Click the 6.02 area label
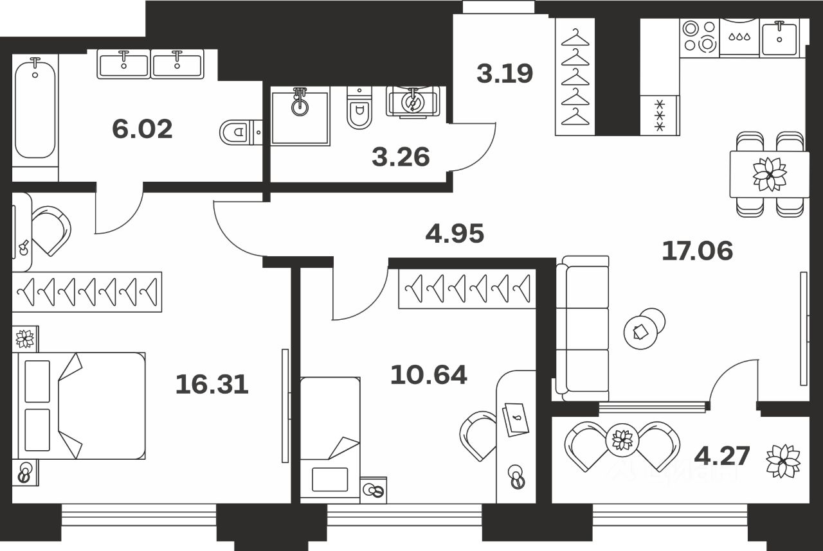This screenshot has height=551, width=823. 142,130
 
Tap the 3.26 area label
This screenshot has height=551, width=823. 401,157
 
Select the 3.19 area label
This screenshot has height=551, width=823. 505,74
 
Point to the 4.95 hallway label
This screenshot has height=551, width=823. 455,234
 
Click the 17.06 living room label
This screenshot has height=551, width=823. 698,251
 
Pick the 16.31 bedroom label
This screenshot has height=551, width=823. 212,385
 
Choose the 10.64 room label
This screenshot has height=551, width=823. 428,374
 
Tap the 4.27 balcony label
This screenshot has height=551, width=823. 722,456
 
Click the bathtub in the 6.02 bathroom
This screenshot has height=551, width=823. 35,109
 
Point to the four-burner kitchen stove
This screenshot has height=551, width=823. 700,36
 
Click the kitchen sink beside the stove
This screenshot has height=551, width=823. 779,37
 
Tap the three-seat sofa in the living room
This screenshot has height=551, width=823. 581,328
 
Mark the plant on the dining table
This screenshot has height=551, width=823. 770,174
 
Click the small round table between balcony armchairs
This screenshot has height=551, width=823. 622,440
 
